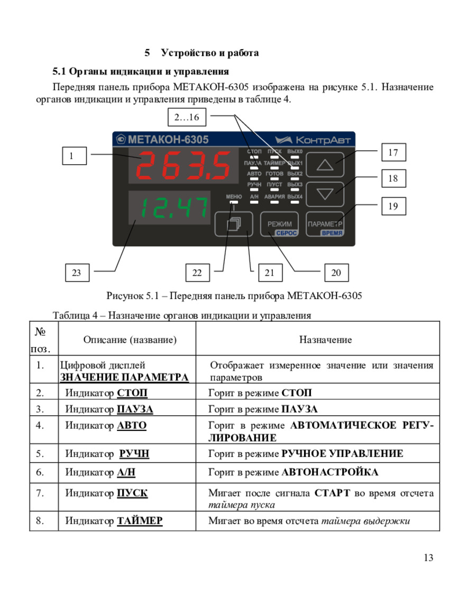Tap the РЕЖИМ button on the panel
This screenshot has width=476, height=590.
click(279, 224)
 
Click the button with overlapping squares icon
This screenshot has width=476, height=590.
click(233, 224)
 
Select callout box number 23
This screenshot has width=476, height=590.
click(77, 273)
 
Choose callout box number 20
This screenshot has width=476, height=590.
click(336, 273)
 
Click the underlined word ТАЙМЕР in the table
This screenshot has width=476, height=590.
click(139, 521)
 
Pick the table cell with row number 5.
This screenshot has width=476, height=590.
click(40, 453)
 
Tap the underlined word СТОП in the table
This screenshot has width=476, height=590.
click(132, 393)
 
